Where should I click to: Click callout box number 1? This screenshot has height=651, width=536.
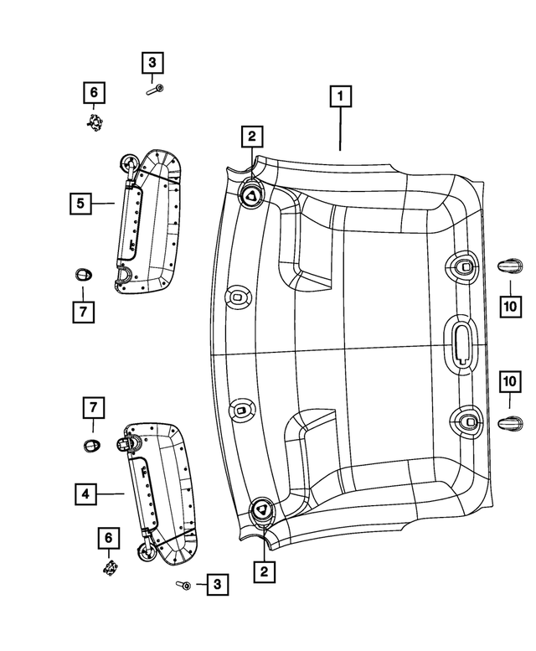coord(340,97)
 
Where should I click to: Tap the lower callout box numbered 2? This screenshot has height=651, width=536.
coord(265,571)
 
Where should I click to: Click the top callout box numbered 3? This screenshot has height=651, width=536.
coord(152,61)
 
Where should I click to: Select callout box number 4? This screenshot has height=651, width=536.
coord(85,495)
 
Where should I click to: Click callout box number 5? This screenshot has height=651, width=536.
coord(80,203)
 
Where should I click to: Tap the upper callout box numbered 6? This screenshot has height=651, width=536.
coord(94,91)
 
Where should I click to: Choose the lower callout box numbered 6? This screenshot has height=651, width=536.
coord(107,537)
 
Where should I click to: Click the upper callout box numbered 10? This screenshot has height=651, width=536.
coord(510,306)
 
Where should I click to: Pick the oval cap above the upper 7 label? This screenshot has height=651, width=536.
coord(82,273)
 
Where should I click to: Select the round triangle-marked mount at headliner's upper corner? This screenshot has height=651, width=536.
coord(252,195)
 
